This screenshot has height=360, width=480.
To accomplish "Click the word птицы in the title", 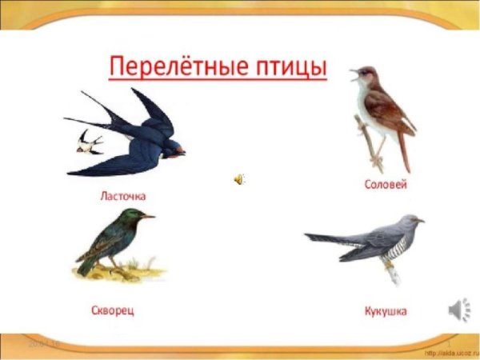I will pos(287,64).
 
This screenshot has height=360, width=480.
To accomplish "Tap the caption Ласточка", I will pos(123,195).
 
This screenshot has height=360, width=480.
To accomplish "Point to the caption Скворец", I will pos(111,308).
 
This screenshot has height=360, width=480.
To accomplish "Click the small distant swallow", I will pos(90,143).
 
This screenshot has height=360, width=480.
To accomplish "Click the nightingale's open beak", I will pos(353,74).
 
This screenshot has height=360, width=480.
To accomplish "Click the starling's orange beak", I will pos(148,216).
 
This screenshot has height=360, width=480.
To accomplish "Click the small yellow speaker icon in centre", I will pos(239,179).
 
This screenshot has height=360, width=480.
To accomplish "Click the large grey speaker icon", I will pos(459,308).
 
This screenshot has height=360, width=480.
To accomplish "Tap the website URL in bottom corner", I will pos(451,353).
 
